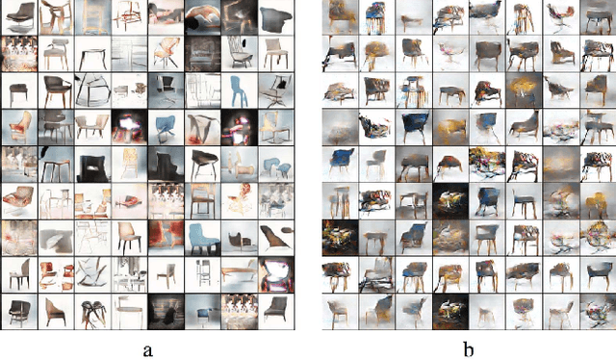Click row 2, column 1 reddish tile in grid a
[x=19, y=53]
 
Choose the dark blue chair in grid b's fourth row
[x=379, y=124]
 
